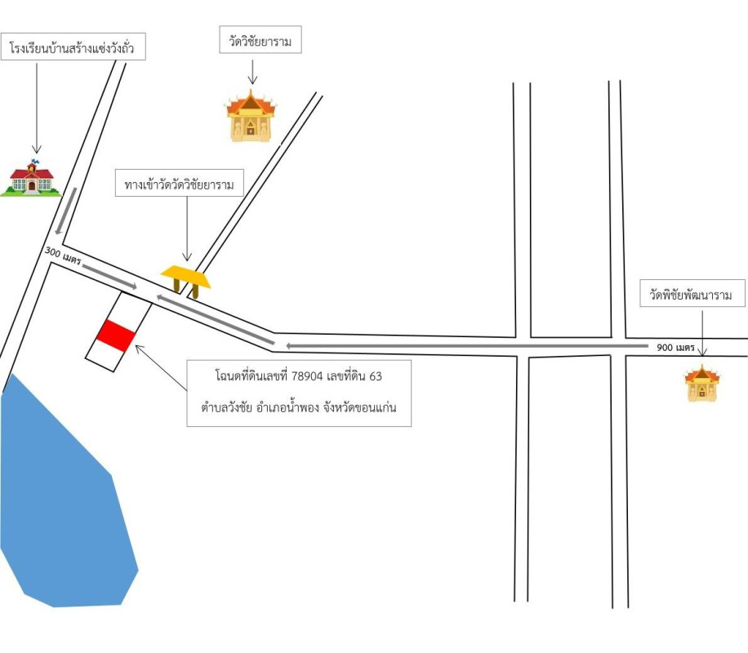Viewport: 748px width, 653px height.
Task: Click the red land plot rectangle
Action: coord(115,335)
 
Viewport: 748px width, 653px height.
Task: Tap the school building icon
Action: coord(30,177)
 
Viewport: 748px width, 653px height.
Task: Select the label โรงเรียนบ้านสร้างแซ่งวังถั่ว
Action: coord(73,49)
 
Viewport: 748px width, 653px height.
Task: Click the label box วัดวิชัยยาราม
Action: coord(260,40)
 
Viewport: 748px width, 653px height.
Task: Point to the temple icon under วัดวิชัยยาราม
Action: coord(252,117)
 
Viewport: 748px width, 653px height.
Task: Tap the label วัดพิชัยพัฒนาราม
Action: coord(692,294)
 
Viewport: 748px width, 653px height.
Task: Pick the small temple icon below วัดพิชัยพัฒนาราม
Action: coord(701,384)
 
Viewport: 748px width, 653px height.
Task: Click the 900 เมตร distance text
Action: coord(675,348)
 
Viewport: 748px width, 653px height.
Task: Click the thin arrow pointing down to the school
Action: coord(36,106)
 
